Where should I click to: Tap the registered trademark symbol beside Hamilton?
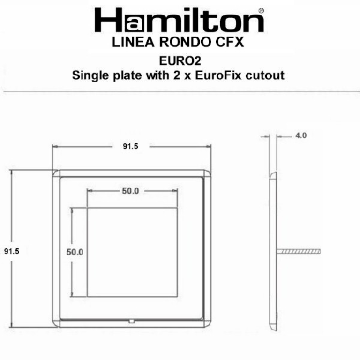pyautogui.click(x=261, y=10)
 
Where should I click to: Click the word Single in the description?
pyautogui.click(x=89, y=75)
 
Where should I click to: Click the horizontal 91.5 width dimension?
pyautogui.click(x=130, y=146)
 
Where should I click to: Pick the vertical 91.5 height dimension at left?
pyautogui.click(x=11, y=251)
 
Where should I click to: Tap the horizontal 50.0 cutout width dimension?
pyautogui.click(x=131, y=191)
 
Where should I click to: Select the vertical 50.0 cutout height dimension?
pyautogui.click(x=74, y=252)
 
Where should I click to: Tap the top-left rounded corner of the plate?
pyautogui.click(x=56, y=174)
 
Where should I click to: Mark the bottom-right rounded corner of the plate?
pyautogui.click(x=207, y=322)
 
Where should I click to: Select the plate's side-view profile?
pyautogui.click(x=273, y=248)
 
